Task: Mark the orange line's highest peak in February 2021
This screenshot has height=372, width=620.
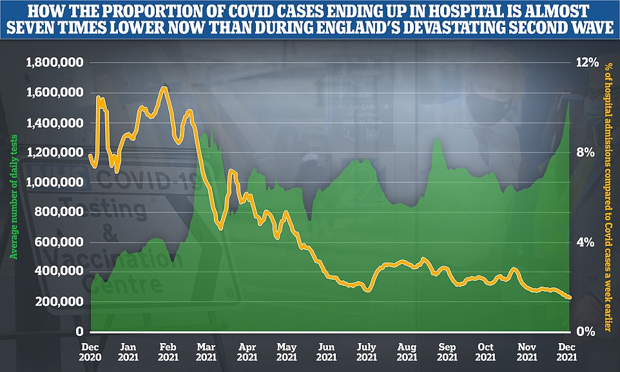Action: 164,87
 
